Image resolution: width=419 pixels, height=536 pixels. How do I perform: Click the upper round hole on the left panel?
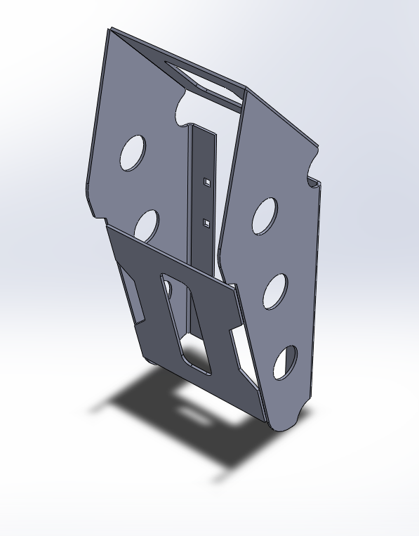click(133, 152)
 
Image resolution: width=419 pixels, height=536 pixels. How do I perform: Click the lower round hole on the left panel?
click(147, 224)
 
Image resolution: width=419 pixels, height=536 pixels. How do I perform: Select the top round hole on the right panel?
click(265, 216)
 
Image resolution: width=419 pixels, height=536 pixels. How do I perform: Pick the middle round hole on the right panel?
click(274, 291)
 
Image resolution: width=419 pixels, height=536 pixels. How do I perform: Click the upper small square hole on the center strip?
click(207, 182)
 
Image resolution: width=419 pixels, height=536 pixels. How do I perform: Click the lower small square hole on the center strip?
click(206, 223)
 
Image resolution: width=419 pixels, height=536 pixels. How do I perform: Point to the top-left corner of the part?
click(109, 30)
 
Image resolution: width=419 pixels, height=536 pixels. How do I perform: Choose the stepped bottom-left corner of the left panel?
click(98, 214)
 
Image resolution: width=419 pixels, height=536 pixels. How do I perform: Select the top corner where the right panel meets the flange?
click(247, 90)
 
